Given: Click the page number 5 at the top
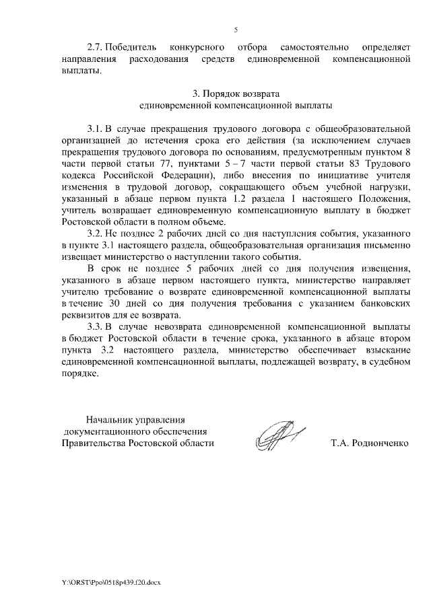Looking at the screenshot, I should click(236, 30).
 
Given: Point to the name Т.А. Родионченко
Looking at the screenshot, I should click(370, 443).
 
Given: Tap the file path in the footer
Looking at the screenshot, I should click(100, 580).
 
